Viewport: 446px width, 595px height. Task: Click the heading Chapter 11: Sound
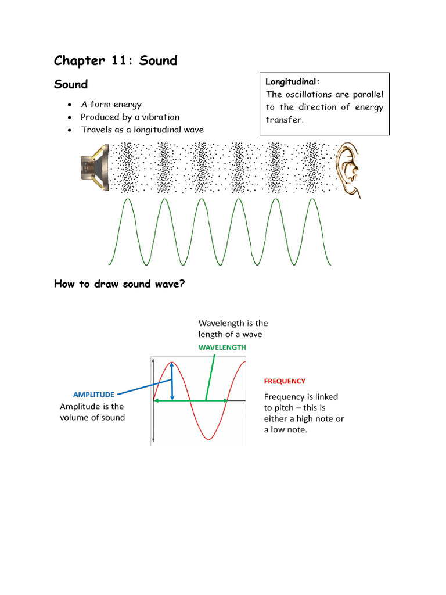[116, 60]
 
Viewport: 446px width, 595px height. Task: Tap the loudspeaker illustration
[94, 168]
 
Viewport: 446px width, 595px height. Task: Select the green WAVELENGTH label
[222, 347]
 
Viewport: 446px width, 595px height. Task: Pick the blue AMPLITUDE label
[93, 395]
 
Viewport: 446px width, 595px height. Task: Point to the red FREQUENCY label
[285, 381]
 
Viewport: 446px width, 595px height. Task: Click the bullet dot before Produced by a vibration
[70, 117]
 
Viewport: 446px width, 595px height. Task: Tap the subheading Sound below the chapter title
[71, 84]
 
